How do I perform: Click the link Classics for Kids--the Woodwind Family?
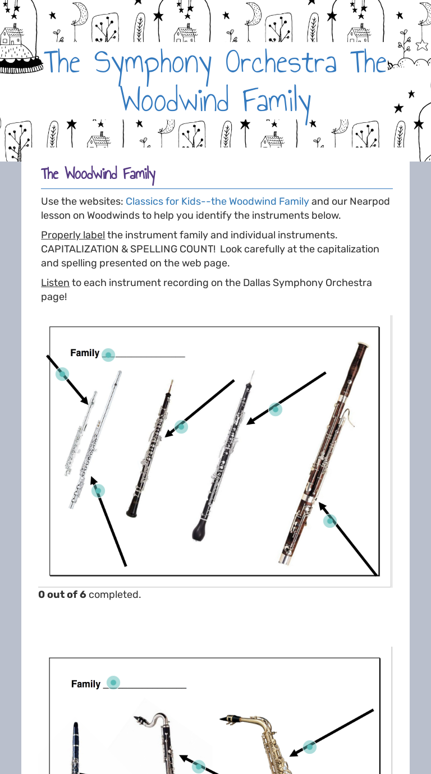(x=217, y=201)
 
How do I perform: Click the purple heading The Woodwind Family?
(x=98, y=174)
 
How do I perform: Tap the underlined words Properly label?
(x=73, y=235)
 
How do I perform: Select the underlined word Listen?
(x=55, y=283)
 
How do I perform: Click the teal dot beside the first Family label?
(x=108, y=354)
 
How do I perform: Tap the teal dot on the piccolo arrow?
(x=62, y=374)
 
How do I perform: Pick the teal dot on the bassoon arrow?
(x=330, y=521)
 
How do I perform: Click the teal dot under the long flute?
(x=98, y=491)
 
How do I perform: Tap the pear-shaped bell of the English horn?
(x=199, y=530)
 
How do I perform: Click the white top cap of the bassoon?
(x=363, y=344)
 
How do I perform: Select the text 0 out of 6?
(x=62, y=595)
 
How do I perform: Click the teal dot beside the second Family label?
(x=113, y=683)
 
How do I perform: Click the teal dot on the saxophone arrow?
(x=309, y=747)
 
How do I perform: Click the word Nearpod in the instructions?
(x=369, y=201)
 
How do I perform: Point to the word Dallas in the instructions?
(x=256, y=283)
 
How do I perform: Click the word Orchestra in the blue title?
(x=281, y=63)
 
